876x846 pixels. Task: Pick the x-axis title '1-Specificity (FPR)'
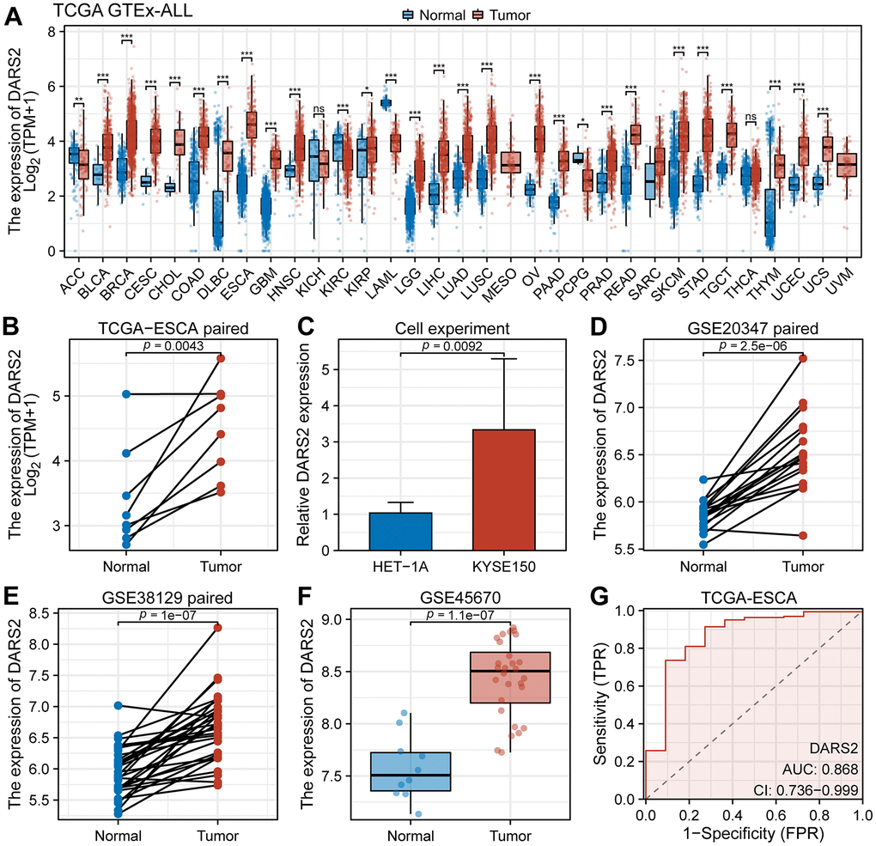(751, 835)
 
